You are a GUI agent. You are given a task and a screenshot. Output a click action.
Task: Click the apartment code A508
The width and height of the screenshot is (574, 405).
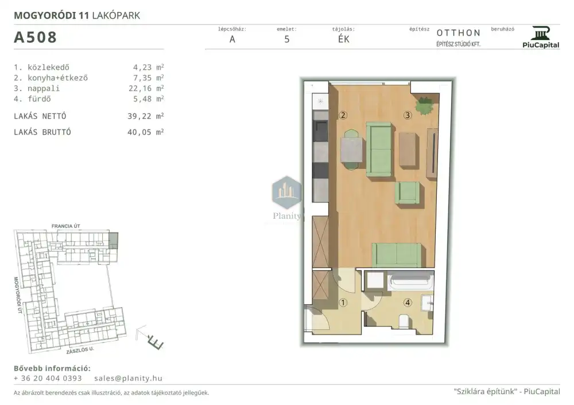point(35,37)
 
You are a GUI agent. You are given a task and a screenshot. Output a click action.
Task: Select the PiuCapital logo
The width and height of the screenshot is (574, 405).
point(541,37)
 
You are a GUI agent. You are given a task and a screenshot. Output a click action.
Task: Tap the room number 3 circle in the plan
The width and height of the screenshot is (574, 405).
point(408,115)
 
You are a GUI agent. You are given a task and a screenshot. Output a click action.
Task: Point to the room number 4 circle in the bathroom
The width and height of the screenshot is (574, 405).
point(408,302)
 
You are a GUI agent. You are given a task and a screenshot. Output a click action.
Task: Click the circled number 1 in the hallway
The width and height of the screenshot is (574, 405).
point(343,302)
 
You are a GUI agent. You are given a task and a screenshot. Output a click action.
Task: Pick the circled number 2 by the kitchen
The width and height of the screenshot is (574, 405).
point(343,115)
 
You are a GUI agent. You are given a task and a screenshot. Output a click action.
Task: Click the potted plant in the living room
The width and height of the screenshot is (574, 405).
point(425,105)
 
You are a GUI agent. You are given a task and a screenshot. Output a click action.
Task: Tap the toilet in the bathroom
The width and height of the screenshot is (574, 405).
point(404,321)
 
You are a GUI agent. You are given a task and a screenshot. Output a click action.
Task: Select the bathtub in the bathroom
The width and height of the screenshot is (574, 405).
point(410,281)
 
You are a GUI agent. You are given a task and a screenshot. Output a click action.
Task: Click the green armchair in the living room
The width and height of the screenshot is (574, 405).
point(407,192)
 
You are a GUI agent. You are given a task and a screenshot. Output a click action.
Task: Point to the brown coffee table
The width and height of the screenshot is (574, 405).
point(408,150)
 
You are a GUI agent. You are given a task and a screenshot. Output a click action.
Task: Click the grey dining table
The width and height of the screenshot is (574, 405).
point(351,150)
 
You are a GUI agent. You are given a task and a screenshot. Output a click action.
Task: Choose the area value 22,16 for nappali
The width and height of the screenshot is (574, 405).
point(140,88)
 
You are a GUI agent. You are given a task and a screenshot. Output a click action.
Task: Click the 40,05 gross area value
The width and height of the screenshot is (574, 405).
point(139,132)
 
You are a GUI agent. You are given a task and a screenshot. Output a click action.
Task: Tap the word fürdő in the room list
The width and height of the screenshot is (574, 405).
point(39,99)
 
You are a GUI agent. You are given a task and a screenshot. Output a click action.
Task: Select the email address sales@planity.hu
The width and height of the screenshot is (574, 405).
point(128,378)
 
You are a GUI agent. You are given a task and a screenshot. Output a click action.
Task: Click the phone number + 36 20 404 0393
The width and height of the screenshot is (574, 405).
point(48,378)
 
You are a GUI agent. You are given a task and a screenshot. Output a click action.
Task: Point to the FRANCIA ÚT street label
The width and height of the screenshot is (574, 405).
point(66,226)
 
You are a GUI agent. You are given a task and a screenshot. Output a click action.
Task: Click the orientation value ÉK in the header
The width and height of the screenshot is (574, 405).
point(343,40)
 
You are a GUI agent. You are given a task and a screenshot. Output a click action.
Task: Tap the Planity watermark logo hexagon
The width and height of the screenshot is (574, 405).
point(287,192)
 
